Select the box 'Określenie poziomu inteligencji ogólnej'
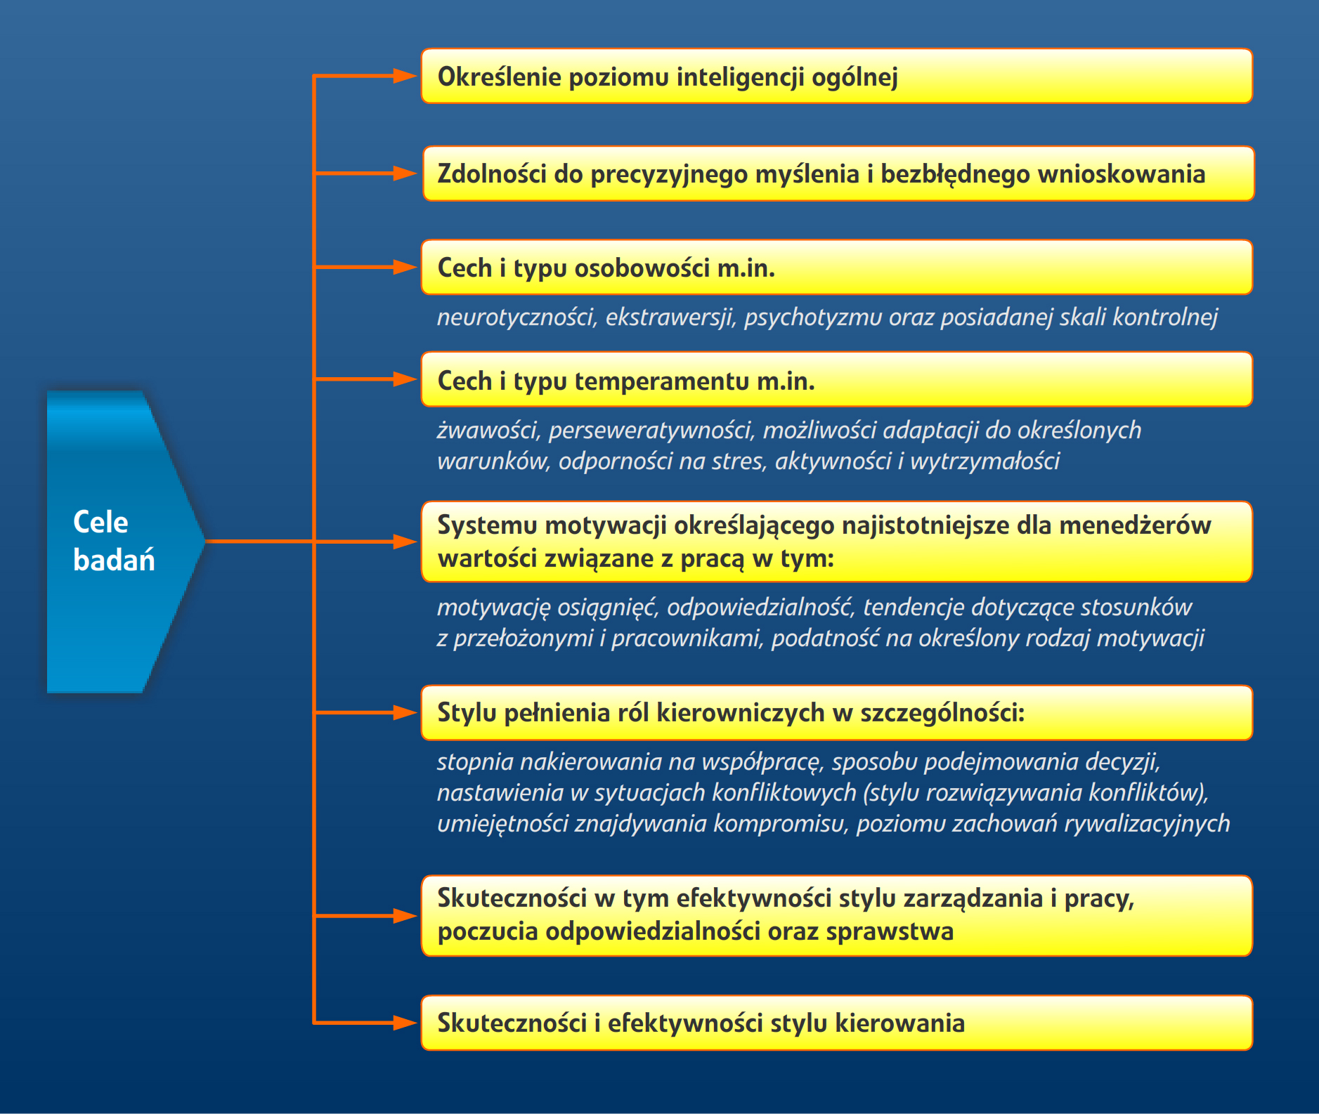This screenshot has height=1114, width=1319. click(x=837, y=76)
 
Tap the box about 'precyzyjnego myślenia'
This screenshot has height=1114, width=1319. click(x=838, y=173)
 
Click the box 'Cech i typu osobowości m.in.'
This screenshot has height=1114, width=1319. click(x=837, y=267)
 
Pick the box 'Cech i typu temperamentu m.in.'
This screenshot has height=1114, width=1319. click(x=837, y=379)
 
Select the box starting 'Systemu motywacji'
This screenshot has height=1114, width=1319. click(x=837, y=542)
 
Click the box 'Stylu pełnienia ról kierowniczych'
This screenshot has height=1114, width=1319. click(x=837, y=713)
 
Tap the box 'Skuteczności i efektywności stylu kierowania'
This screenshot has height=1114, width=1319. click(x=837, y=1023)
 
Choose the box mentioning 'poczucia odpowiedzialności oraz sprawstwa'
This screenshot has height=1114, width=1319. click(x=837, y=916)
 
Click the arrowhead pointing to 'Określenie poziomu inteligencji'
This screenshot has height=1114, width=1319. click(x=405, y=76)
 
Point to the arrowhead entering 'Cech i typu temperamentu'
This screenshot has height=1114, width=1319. click(x=405, y=379)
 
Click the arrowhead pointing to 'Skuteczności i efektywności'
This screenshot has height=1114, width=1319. click(x=405, y=1023)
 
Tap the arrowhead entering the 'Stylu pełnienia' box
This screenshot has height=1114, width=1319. click(x=405, y=713)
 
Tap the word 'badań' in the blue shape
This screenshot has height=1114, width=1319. click(x=114, y=560)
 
